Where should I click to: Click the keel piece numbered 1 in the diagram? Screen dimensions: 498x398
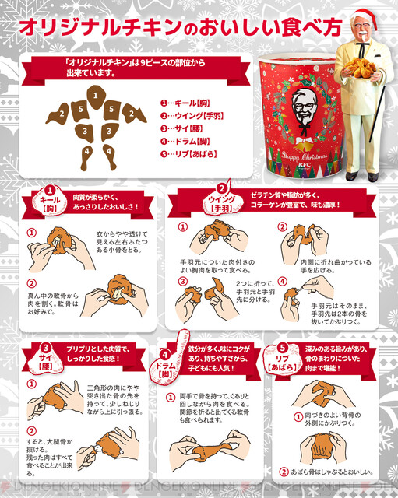pos(94,95)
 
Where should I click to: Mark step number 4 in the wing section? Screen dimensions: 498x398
pos(284,282)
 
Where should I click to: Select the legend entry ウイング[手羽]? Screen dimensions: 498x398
pos(192,114)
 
